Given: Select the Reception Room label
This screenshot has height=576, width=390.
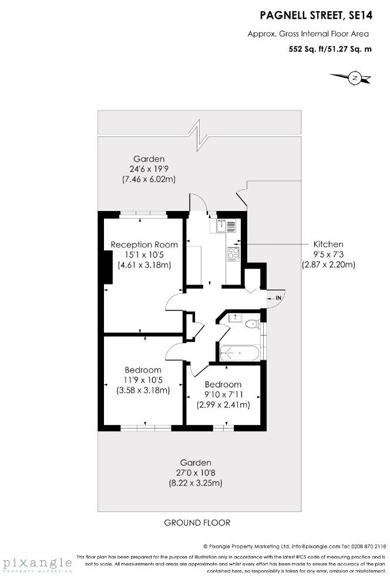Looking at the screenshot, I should (144, 245).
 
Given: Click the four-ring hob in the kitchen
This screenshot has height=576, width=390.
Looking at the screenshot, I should (233, 254).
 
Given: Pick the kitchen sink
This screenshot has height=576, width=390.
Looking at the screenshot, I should (226, 225).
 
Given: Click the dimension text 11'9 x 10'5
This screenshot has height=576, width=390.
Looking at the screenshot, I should (143, 380).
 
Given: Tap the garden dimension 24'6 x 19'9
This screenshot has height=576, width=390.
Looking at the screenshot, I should (149, 169).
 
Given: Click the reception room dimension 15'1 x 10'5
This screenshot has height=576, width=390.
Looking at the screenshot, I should (144, 255).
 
